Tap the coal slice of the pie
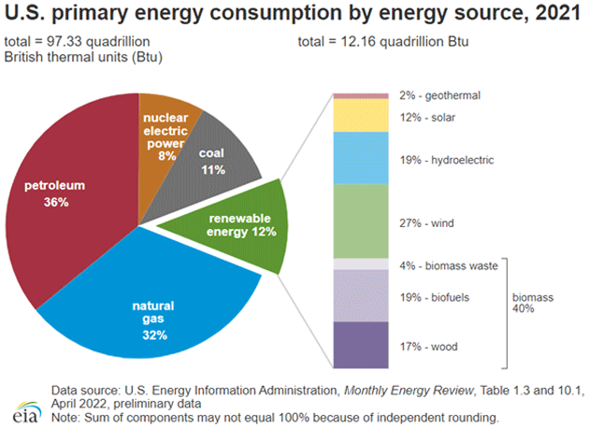pyautogui.click(x=219, y=159)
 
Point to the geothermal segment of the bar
pyautogui.click(x=361, y=95)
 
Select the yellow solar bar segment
pyautogui.click(x=361, y=115)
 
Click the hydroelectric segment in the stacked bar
pyautogui.click(x=361, y=158)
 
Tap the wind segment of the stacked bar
pyautogui.click(x=361, y=221)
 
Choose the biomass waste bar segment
pyautogui.click(x=361, y=264)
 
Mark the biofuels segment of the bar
pyautogui.click(x=361, y=296)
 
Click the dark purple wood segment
pyautogui.click(x=361, y=345)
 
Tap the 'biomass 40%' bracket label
pyautogui.click(x=534, y=303)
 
